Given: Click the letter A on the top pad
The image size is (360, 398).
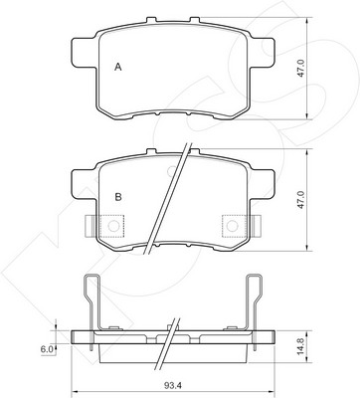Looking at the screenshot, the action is click(x=118, y=67).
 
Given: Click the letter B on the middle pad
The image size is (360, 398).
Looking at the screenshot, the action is click(x=118, y=197).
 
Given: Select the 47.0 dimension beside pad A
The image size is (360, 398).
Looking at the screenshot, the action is click(x=300, y=69).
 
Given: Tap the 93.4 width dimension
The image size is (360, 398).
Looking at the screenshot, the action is click(x=173, y=385).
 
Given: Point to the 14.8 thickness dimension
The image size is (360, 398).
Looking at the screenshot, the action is click(x=301, y=346).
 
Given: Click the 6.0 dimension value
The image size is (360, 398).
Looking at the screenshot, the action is click(x=47, y=349).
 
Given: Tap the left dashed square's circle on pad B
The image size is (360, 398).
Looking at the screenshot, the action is click(x=113, y=226).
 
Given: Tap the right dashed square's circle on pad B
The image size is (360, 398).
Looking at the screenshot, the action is click(x=233, y=226).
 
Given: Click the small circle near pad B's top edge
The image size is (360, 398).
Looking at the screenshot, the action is click(x=172, y=171).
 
